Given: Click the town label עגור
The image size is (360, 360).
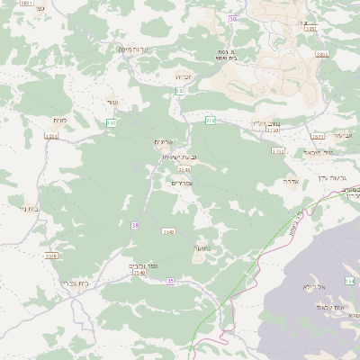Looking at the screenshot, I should (x=112, y=102).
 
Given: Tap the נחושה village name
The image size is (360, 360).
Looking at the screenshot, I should (x=201, y=247).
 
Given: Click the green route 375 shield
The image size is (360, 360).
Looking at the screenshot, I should (x=211, y=120).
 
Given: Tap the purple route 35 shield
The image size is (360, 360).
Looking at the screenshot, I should (x=170, y=282).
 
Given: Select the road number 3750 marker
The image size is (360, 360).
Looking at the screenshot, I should (x=273, y=130).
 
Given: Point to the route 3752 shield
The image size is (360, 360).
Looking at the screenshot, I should (x=279, y=151).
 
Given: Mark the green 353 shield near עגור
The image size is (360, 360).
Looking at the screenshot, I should (x=112, y=122).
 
